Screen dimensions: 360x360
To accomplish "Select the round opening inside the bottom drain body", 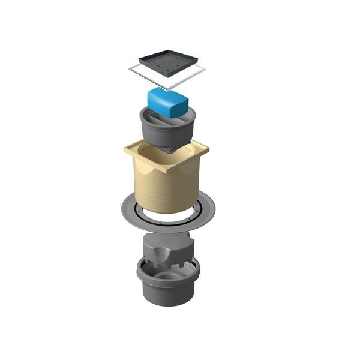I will click(x=171, y=277).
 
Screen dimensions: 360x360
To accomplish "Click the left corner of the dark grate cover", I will click(x=140, y=60).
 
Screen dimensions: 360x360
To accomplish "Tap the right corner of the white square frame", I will click(x=205, y=71).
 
